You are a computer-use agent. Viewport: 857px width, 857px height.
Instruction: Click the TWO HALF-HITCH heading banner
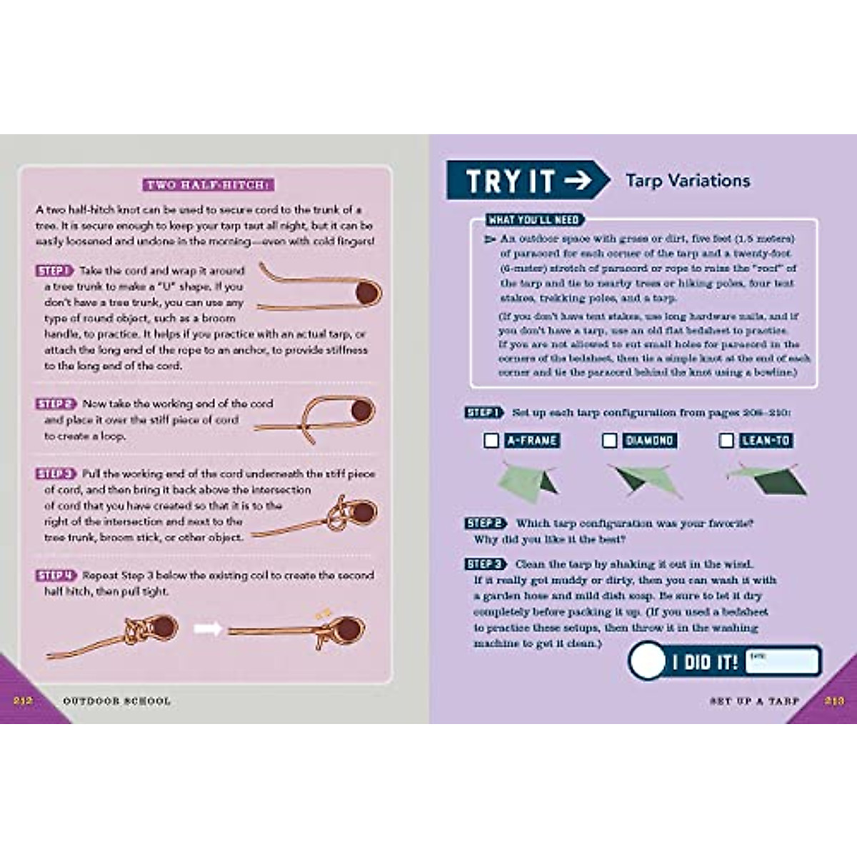pyautogui.click(x=207, y=185)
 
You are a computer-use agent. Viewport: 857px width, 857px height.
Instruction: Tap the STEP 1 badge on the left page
pyautogui.click(x=54, y=271)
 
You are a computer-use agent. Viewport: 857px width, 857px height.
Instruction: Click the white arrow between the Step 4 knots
pyautogui.click(x=208, y=629)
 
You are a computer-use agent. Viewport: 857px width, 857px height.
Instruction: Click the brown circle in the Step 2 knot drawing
pyautogui.click(x=362, y=411)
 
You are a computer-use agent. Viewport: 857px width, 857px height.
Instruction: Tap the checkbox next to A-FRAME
pyautogui.click(x=491, y=441)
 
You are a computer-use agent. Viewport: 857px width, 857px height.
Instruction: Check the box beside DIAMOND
pyautogui.click(x=609, y=441)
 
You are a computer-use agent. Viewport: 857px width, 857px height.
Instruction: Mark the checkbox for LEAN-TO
pyautogui.click(x=726, y=441)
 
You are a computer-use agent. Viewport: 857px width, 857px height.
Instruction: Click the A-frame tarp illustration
pyautogui.click(x=528, y=481)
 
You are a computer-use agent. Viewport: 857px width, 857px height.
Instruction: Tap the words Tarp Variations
pyautogui.click(x=688, y=181)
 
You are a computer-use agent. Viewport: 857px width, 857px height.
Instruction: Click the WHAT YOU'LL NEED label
pyautogui.click(x=534, y=220)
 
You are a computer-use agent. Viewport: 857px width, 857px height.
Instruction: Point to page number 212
pyautogui.click(x=23, y=701)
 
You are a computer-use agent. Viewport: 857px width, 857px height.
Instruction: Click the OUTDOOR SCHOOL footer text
pyautogui.click(x=116, y=701)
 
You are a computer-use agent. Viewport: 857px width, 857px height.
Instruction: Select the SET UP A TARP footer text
pyautogui.click(x=754, y=701)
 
